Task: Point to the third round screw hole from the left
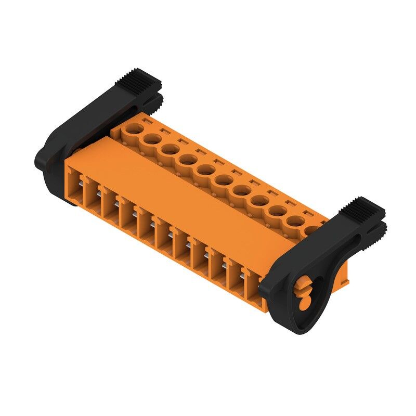170,149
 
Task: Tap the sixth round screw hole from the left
223,181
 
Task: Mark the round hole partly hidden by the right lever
313,230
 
